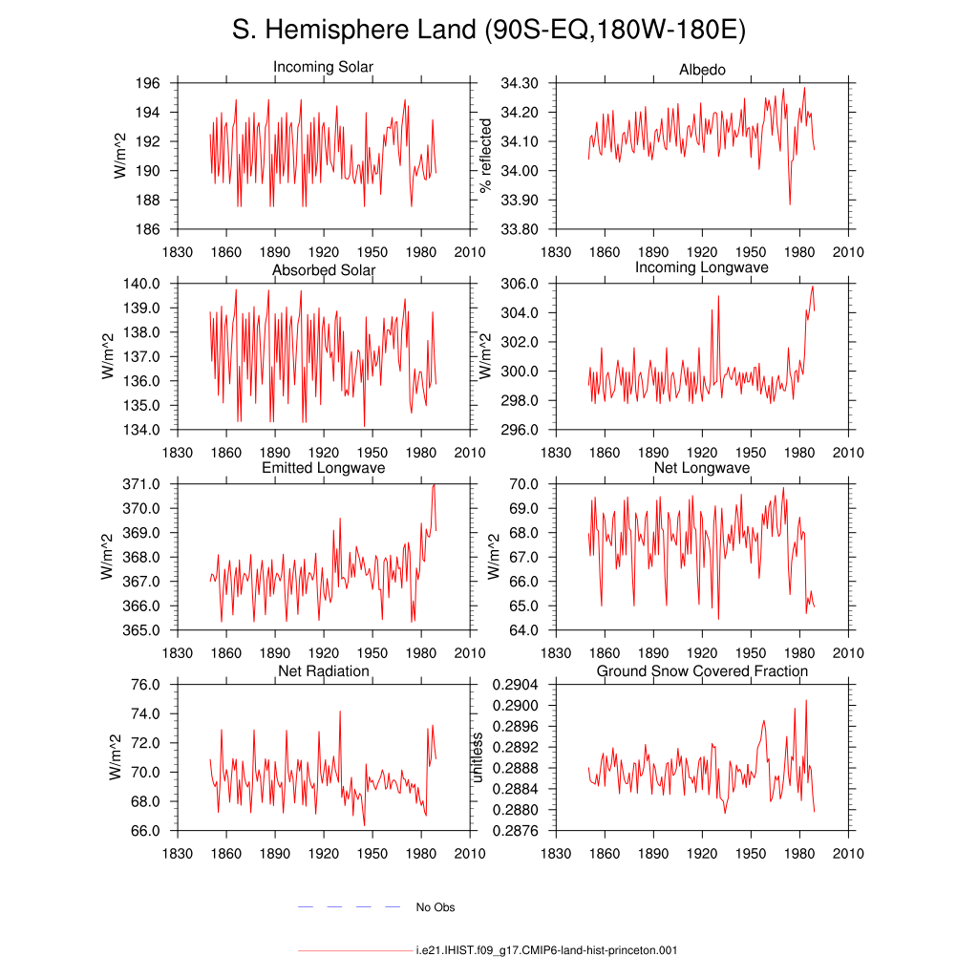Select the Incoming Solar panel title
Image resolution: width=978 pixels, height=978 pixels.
323,67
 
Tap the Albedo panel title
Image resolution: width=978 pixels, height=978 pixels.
702,69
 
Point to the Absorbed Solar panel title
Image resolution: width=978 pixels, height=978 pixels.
324,270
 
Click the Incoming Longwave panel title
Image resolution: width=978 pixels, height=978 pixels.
702,267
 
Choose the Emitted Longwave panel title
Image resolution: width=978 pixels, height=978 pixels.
323,468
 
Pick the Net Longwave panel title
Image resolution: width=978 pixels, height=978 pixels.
702,468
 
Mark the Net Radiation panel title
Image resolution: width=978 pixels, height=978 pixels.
324,671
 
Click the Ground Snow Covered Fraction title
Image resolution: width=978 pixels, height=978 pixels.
702,671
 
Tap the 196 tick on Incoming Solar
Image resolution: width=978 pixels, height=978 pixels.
148,83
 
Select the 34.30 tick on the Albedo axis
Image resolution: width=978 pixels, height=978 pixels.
520,83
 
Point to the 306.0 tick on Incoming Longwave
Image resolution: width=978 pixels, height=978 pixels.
520,284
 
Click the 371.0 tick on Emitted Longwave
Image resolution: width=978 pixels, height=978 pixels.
141,484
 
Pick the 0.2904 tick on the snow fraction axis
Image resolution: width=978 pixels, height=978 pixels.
515,685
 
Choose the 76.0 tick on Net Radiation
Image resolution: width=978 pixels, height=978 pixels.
145,685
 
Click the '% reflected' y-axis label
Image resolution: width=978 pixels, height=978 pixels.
485,156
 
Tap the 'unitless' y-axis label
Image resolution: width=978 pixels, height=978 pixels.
477,757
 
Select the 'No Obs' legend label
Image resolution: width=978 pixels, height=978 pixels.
436,907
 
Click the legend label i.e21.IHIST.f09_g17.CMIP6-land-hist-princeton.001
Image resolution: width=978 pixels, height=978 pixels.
546,950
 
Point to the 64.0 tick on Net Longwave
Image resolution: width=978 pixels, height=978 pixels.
524,630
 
